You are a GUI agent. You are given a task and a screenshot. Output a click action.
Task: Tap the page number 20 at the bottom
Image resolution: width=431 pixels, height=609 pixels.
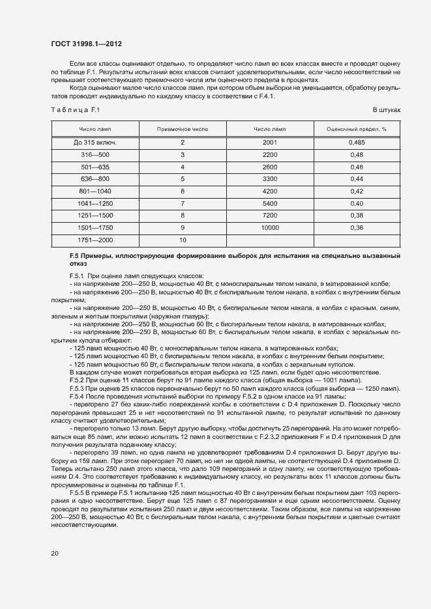(54, 553)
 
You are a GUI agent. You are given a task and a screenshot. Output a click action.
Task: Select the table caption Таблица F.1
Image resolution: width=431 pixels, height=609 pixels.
(74, 109)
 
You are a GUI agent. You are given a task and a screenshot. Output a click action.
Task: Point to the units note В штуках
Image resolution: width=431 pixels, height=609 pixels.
(386, 109)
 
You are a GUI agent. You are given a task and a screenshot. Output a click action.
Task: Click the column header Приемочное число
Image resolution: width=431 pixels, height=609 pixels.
(183, 129)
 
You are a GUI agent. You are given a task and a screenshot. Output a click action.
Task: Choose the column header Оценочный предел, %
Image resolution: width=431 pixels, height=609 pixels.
(357, 129)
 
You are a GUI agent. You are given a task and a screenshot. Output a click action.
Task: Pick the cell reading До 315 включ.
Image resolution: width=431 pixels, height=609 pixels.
(95, 143)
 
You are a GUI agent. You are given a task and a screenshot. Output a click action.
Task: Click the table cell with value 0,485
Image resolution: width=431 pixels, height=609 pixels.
(357, 143)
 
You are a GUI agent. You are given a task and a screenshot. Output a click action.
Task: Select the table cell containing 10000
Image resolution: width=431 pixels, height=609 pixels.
(269, 227)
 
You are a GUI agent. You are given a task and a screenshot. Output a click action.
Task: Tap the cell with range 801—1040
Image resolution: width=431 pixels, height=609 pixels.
(95, 191)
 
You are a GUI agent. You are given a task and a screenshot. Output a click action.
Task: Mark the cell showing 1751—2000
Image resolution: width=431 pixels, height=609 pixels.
(95, 240)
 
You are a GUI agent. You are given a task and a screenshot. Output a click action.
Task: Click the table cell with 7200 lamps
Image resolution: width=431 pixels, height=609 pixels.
(269, 215)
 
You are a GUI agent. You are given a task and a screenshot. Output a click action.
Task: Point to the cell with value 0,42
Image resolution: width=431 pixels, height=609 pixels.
(357, 191)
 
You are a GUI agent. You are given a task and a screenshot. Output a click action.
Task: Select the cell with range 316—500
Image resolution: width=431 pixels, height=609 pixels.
(95, 154)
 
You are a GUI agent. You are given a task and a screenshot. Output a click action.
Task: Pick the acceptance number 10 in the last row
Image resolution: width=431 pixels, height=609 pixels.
(183, 240)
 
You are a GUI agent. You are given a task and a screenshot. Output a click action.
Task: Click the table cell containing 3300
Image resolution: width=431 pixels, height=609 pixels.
(269, 178)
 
